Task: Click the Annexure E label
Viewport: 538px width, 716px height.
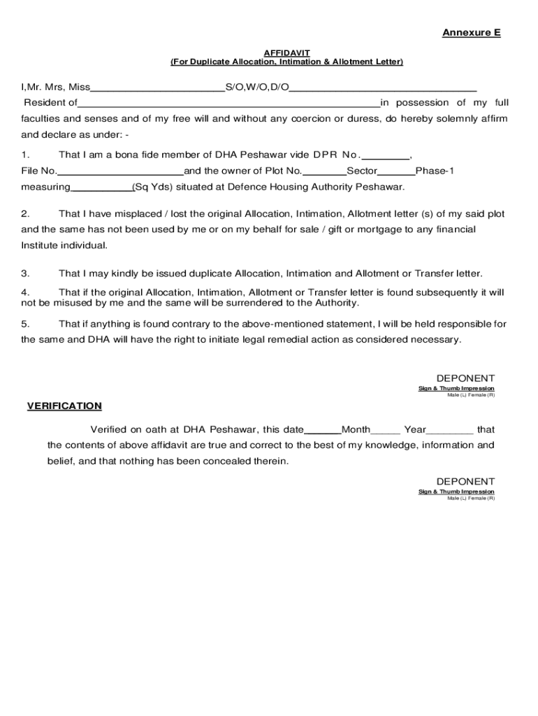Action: (471, 33)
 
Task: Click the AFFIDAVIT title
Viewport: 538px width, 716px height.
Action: (286, 53)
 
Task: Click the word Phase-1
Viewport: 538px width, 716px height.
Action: (435, 171)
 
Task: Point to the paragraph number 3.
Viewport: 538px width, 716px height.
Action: (24, 273)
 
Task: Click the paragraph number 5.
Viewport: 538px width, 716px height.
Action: (24, 324)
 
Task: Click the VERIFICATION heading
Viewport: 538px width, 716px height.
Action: (64, 406)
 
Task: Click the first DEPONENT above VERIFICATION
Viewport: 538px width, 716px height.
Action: (465, 378)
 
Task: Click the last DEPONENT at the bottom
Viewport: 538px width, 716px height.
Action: (465, 482)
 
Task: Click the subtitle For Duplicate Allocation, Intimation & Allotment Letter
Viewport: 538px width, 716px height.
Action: (286, 62)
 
